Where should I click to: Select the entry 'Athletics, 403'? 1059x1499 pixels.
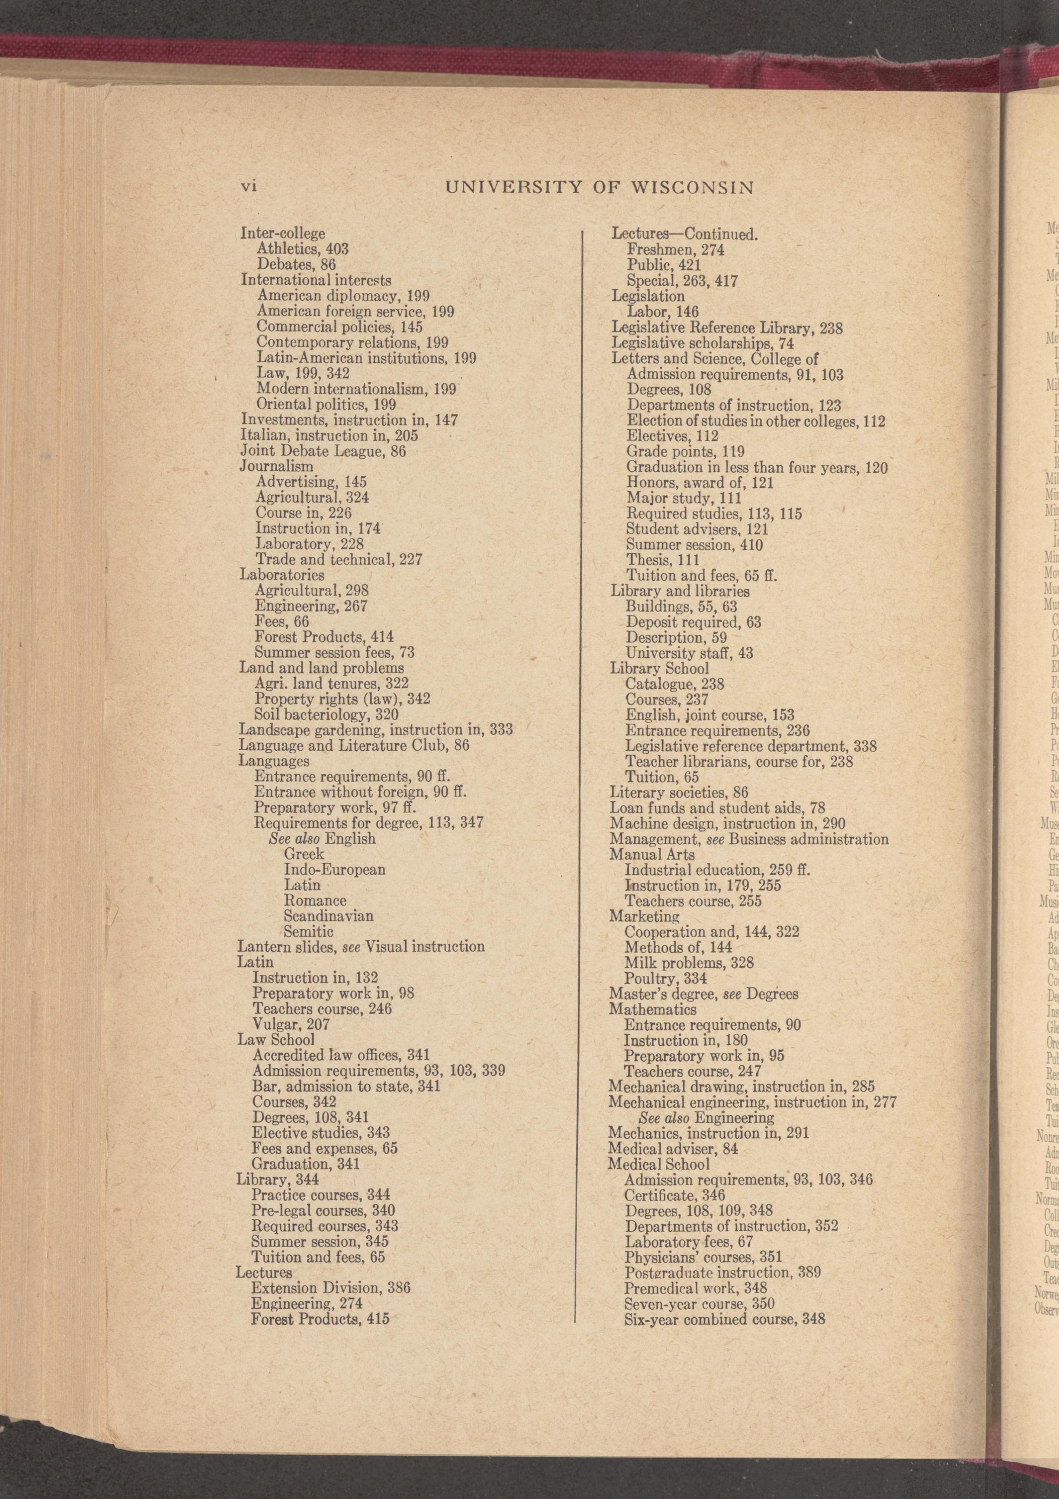pos(302,249)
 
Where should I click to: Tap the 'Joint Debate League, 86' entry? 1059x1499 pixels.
pos(322,451)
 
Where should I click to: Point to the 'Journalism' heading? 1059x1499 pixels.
pos(277,467)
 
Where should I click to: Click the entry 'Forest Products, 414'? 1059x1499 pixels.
pos(324,637)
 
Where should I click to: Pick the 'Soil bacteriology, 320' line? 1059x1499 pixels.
pos(326,715)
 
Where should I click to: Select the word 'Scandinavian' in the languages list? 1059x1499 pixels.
pos(328,916)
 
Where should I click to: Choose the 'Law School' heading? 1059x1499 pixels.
pos(275,1039)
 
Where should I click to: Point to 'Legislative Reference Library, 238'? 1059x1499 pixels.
pos(726,328)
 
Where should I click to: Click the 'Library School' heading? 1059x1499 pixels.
pos(659,668)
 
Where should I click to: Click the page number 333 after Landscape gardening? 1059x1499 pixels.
pos(501,730)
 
